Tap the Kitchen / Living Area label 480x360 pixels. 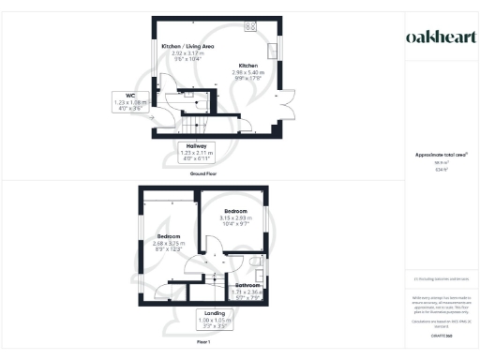coord(188,46)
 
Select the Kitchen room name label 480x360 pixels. coord(247,66)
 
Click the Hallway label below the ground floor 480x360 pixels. coord(197,151)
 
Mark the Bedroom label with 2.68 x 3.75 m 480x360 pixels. coord(169,235)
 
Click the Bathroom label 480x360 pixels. coord(248,285)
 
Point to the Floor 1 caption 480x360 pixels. coord(203,343)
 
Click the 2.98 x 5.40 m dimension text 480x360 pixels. coord(248,73)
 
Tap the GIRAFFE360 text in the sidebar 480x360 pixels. coord(440,335)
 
